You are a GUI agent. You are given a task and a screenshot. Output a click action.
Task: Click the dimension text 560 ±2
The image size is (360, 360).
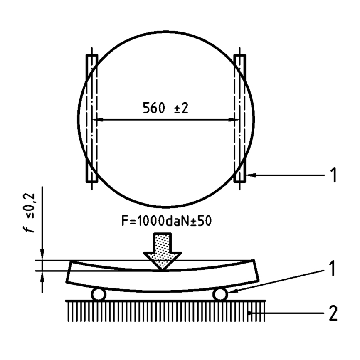165,108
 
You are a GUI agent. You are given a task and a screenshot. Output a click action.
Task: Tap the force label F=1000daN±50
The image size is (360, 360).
166,221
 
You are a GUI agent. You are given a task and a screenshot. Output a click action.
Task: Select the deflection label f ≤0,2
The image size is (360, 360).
30,213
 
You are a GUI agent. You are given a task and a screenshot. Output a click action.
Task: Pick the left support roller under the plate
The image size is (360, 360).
99,294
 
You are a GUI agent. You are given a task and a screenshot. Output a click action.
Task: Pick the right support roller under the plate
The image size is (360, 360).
220,294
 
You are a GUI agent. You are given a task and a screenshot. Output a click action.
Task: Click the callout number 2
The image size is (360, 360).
333,313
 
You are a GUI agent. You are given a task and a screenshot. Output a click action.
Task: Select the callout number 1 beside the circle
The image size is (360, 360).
333,175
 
